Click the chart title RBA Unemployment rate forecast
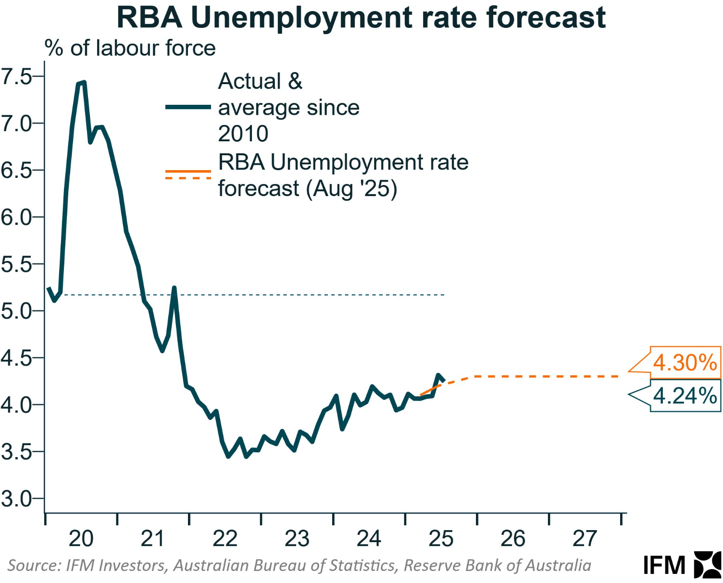pyautogui.click(x=361, y=18)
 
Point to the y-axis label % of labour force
pyautogui.click(x=130, y=49)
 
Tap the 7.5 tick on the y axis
pyautogui.click(x=16, y=76)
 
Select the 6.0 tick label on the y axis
pyautogui.click(x=16, y=217)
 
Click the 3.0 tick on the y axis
pyautogui.click(x=16, y=499)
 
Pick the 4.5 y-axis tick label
pyautogui.click(x=16, y=358)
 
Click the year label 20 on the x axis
pyautogui.click(x=81, y=538)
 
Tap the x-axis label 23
pyautogui.click(x=297, y=538)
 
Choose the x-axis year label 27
pyautogui.click(x=585, y=538)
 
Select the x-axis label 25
pyautogui.click(x=441, y=538)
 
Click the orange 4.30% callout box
pyautogui.click(x=685, y=362)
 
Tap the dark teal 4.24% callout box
pyautogui.click(x=685, y=396)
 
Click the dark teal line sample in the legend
pyautogui.click(x=188, y=107)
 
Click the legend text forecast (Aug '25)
pyautogui.click(x=307, y=188)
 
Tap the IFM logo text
pyautogui.click(x=664, y=565)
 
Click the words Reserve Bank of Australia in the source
pyautogui.click(x=497, y=565)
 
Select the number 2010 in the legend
pyautogui.click(x=243, y=133)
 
